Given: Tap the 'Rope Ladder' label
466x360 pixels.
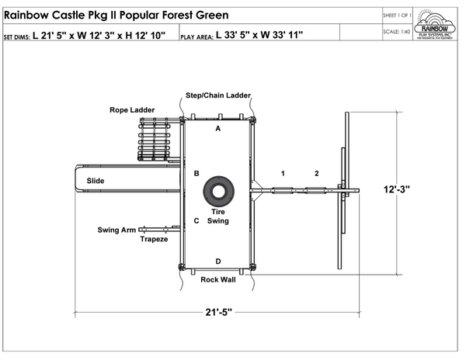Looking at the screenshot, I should [131, 110].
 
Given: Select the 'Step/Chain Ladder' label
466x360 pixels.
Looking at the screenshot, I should [217, 95].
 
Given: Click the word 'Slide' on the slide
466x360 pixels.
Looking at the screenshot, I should [96, 181].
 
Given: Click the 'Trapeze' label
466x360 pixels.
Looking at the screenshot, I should [153, 239].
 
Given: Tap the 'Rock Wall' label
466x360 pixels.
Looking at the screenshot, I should [217, 279].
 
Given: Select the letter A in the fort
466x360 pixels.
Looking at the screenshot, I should [218, 128].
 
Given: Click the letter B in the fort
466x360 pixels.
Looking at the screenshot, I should [196, 173].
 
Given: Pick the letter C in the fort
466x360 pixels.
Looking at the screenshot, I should [196, 221].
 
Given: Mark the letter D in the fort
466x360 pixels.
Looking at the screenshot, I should [218, 261].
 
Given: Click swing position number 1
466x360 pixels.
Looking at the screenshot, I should [283, 172].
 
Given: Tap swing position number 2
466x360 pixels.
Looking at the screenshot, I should [316, 172].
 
